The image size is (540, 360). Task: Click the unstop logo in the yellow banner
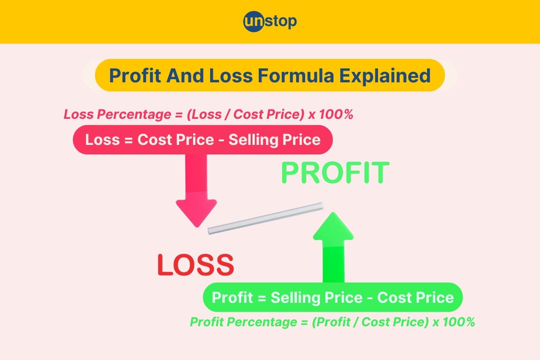pos(270,22)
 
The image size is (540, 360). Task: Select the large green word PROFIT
pos(335,173)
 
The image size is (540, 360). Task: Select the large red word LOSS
pos(195,265)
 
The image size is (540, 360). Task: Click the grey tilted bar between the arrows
pos(265,218)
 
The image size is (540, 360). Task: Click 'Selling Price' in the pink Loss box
pos(274,140)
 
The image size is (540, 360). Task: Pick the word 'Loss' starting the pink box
pos(101,140)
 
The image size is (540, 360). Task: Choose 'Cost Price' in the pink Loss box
pos(175,140)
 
